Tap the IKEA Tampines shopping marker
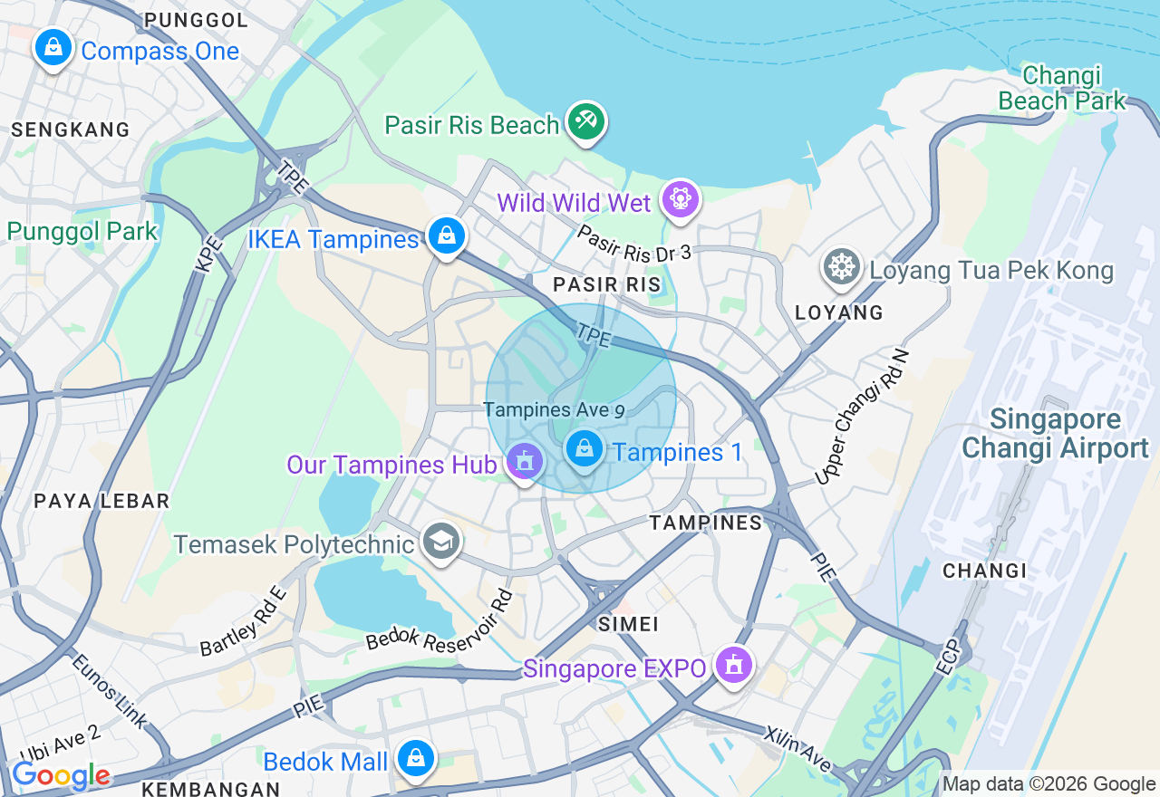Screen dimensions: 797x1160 point(446,235)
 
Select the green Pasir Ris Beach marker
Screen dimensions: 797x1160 point(586,121)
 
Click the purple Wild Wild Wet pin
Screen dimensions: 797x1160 point(680,199)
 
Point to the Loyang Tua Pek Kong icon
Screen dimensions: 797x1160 point(842,267)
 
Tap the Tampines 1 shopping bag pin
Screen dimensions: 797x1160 point(585,448)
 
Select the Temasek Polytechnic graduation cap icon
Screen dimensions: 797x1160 point(441,542)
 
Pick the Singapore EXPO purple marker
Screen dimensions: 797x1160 point(734,666)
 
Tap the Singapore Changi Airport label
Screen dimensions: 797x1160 point(1055,434)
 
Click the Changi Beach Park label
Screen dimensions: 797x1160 point(1061,88)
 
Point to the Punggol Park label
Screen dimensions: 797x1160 point(82,231)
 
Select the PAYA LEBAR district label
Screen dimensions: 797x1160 point(101,501)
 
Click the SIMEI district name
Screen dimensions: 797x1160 point(628,624)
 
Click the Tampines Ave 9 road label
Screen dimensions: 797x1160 point(554,409)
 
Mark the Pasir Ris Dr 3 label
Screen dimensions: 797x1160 point(633,243)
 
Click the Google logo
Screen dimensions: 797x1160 point(61,775)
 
